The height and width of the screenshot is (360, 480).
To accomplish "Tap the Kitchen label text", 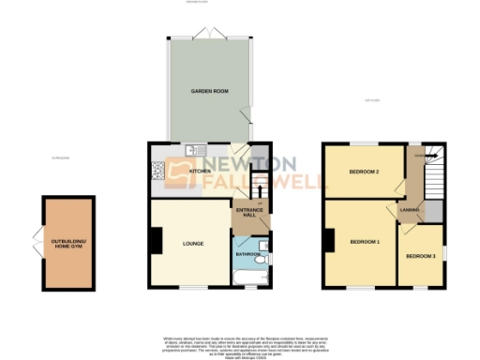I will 201,172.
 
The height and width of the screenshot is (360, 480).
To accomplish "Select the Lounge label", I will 181,244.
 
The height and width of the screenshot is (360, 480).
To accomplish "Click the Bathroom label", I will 247,254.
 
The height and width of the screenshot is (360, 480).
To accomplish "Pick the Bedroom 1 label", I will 365,242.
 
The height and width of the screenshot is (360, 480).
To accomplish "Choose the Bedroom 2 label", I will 364,172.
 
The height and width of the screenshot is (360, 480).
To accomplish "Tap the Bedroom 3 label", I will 421,256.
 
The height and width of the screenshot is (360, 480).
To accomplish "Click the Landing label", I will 410,210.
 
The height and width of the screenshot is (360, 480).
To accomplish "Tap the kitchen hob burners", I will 157,170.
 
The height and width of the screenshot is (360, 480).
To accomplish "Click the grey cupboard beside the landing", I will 432,211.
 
